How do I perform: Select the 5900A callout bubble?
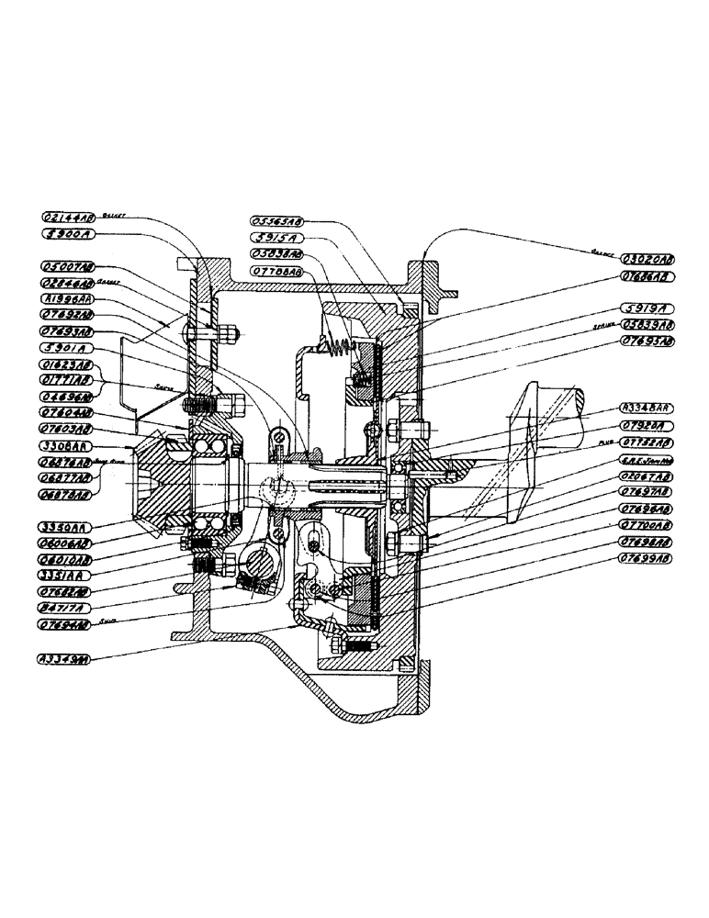(69, 235)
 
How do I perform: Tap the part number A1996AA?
(69, 299)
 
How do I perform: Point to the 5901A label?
(69, 349)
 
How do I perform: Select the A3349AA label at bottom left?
(69, 658)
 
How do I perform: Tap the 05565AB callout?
(276, 221)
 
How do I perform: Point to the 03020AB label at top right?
(647, 258)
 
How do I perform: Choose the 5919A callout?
(647, 308)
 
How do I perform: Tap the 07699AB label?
(647, 556)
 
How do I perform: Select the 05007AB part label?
(69, 266)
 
